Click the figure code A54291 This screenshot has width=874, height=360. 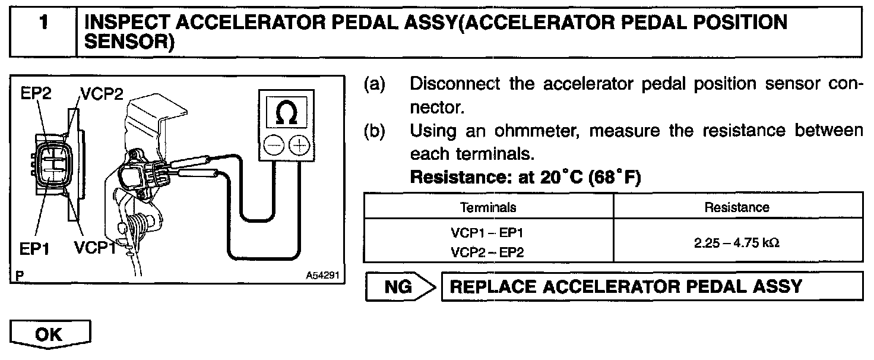pyautogui.click(x=322, y=276)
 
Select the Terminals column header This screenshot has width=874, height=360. pyautogui.click(x=488, y=207)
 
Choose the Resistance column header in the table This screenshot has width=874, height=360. pyautogui.click(x=736, y=207)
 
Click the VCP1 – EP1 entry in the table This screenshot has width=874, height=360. pyautogui.click(x=487, y=233)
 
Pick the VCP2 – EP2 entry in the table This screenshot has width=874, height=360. pyautogui.click(x=487, y=252)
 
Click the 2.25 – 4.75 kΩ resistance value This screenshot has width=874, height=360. pyautogui.click(x=736, y=242)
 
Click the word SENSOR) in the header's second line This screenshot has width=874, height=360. pyautogui.click(x=130, y=42)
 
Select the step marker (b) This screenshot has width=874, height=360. pyautogui.click(x=374, y=130)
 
